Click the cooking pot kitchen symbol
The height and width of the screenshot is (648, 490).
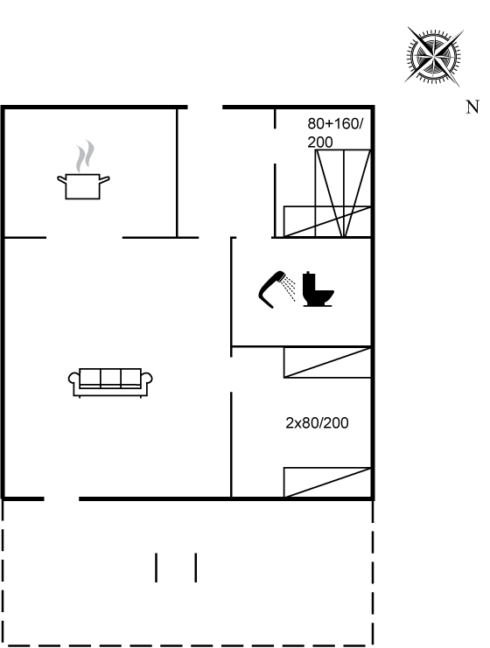(83, 186)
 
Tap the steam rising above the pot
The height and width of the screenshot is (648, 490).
(85, 157)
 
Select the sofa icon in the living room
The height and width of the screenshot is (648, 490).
(110, 382)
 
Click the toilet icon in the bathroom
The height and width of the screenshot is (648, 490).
(318, 289)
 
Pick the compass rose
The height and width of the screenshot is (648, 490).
(433, 56)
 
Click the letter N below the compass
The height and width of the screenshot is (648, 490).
(472, 107)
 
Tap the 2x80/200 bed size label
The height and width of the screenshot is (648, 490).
(317, 422)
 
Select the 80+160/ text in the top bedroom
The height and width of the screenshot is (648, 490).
(335, 123)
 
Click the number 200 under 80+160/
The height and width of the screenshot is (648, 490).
(320, 143)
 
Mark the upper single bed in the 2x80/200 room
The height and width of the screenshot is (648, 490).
(327, 362)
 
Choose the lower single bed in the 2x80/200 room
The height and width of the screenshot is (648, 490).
(327, 482)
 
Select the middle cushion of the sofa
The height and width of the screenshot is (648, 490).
(110, 377)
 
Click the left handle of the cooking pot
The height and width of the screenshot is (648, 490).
(61, 180)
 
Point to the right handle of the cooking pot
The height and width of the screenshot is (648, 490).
(105, 180)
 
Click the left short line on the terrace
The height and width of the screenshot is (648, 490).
(156, 568)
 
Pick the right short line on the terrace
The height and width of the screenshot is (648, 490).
(196, 568)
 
